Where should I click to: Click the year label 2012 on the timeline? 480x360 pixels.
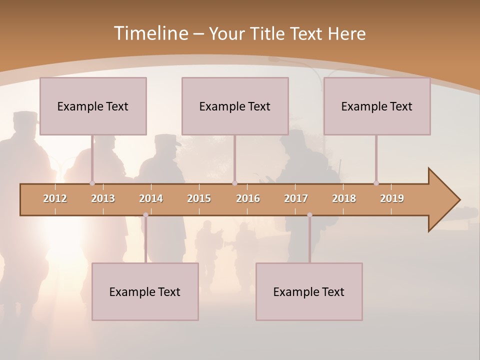(x=55, y=199)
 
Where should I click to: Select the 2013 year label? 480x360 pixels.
(x=103, y=199)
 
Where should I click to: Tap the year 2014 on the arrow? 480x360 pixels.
(x=151, y=199)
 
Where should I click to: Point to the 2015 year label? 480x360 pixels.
(x=199, y=199)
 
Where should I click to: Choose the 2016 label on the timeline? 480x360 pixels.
(x=248, y=199)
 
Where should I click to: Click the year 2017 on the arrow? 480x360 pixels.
(x=296, y=199)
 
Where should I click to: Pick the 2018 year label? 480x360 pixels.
(x=344, y=199)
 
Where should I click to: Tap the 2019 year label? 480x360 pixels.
(x=392, y=199)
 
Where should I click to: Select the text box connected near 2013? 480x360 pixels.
(x=93, y=106)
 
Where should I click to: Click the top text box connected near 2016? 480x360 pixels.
(x=235, y=106)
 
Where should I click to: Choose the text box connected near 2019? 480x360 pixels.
(x=377, y=106)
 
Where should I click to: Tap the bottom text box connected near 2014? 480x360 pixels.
(x=145, y=291)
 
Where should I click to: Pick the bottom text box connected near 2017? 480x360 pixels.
(x=309, y=291)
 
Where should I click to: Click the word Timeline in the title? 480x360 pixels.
(x=150, y=33)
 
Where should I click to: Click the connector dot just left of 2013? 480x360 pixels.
(x=92, y=183)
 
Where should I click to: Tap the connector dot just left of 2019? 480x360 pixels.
(x=376, y=183)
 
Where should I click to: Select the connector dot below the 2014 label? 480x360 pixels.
(x=145, y=215)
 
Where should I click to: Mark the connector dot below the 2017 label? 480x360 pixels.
(x=309, y=215)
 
